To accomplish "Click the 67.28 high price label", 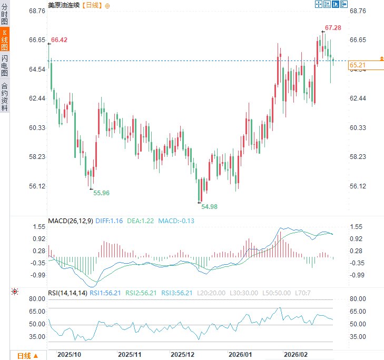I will coord(333,27).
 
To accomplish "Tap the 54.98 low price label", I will coord(209,206).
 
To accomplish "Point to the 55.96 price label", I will coord(101,193).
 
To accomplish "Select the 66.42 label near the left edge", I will coord(59,40).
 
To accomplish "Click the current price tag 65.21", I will coord(358,65).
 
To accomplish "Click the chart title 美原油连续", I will coord(64,5).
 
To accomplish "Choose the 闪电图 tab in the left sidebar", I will coord(5,66).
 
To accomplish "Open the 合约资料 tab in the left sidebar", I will coord(5,96).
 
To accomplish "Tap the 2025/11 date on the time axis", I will coord(130,355).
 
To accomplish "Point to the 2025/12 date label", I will coord(183,355).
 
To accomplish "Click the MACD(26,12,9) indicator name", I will coord(71,221).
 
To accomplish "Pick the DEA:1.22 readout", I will coord(141,221).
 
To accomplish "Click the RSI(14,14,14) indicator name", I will coord(67,293).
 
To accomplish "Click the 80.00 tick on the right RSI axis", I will coord(358,299).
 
